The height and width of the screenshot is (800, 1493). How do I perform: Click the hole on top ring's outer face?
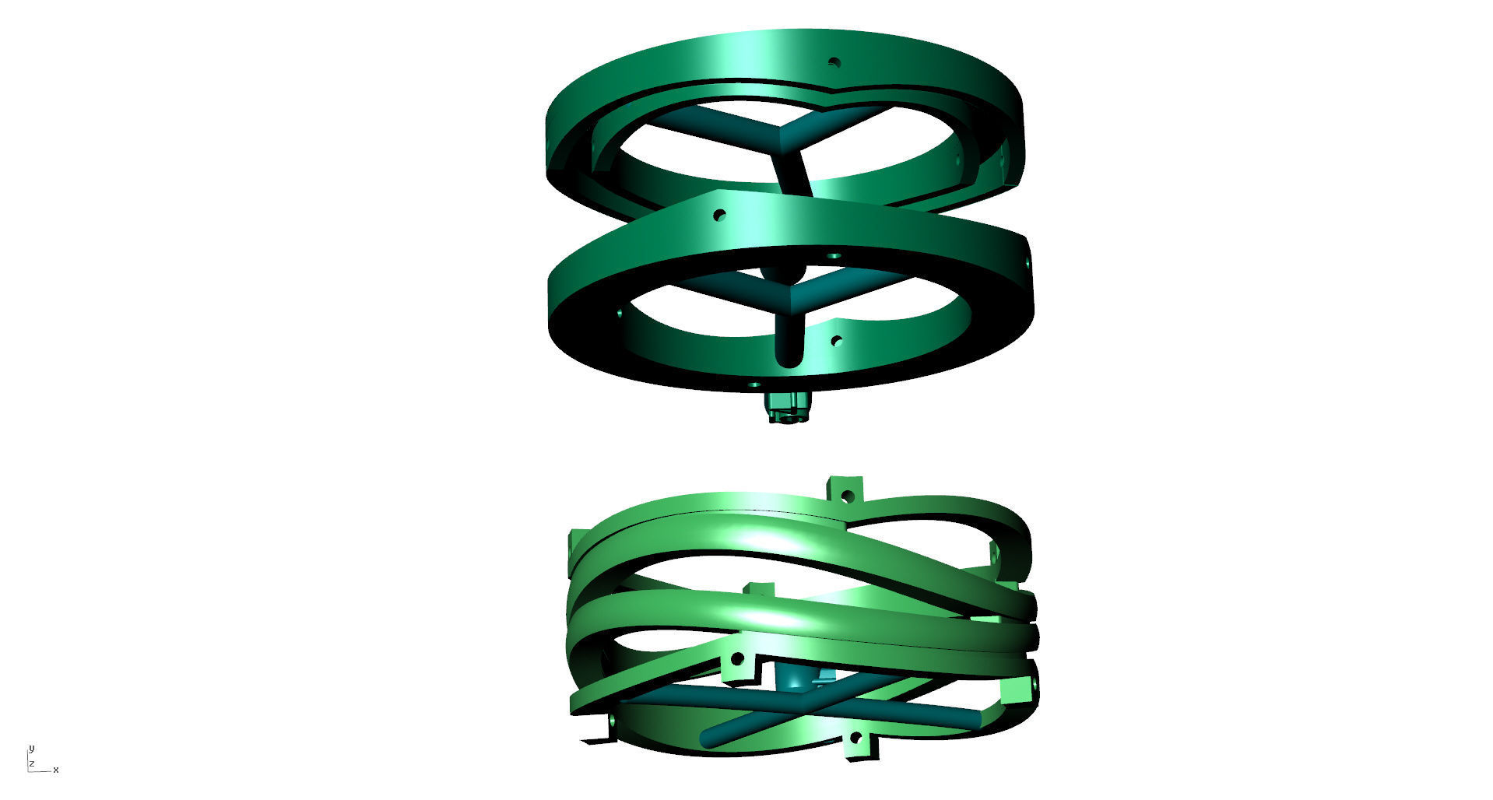click(834, 62)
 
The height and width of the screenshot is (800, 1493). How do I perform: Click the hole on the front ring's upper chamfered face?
click(719, 215)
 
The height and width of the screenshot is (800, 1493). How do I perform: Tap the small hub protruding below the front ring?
click(789, 408)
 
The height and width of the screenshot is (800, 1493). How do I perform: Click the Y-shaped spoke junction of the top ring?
click(786, 134)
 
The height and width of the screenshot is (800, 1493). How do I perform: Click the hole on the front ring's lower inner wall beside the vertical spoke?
click(837, 341)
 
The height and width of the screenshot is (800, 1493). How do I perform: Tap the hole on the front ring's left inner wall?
click(620, 313)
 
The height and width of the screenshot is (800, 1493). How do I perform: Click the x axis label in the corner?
click(56, 770)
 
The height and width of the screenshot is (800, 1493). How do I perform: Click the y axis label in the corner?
click(32, 749)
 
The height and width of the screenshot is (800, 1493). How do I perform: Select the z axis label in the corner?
click(32, 764)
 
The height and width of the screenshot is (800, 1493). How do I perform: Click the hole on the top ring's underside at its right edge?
click(1001, 162)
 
